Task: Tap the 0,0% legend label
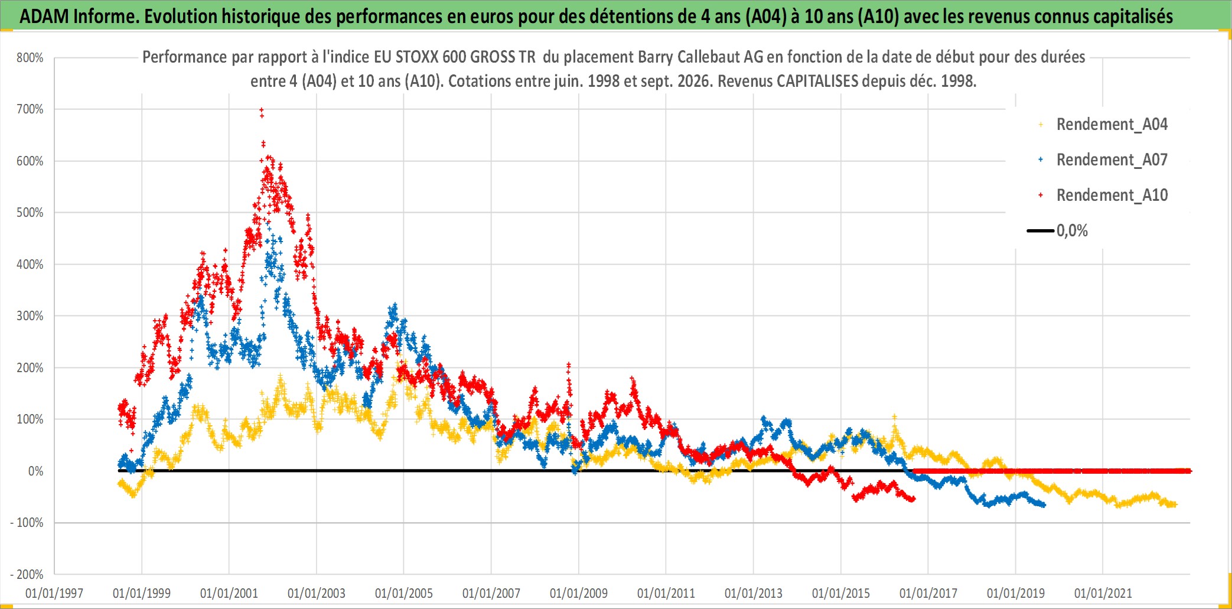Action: [1072, 231]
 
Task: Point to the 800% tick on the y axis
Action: [30, 58]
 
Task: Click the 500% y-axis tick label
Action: [30, 213]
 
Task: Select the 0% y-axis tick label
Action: [35, 471]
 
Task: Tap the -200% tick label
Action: [27, 575]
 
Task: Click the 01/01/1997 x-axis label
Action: [54, 593]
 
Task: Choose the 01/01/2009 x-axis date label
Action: [579, 593]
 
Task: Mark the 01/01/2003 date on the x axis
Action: [317, 593]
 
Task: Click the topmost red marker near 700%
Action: [262, 110]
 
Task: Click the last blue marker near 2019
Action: [1044, 505]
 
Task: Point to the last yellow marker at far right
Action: [1175, 504]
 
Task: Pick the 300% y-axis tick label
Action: [30, 316]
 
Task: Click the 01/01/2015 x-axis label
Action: [841, 593]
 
